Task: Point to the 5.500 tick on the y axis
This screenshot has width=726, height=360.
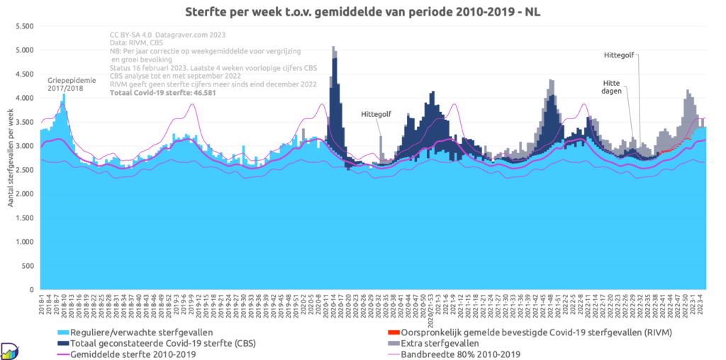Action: point(23,26)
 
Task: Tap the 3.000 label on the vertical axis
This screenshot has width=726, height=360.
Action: point(23,146)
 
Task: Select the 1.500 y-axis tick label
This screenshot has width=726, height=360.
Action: point(23,218)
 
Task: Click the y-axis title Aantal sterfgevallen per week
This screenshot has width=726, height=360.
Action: point(10,158)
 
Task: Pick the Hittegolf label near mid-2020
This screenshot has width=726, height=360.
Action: point(375,114)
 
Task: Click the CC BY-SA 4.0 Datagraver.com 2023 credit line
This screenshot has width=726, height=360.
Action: point(168,34)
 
